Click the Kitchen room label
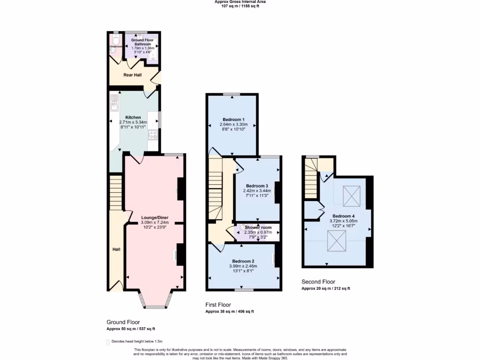tap(133, 117)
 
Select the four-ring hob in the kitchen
tap(153, 135)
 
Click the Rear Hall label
tap(133, 75)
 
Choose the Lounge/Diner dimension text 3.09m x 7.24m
tap(155, 223)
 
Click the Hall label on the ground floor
tap(116, 249)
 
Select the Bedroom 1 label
tap(232, 119)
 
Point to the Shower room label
tap(258, 227)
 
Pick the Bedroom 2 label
tap(243, 261)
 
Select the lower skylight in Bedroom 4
tap(337, 241)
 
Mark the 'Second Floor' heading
tap(318, 282)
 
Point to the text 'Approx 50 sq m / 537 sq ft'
tap(130, 329)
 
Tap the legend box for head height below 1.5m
tap(108, 342)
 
